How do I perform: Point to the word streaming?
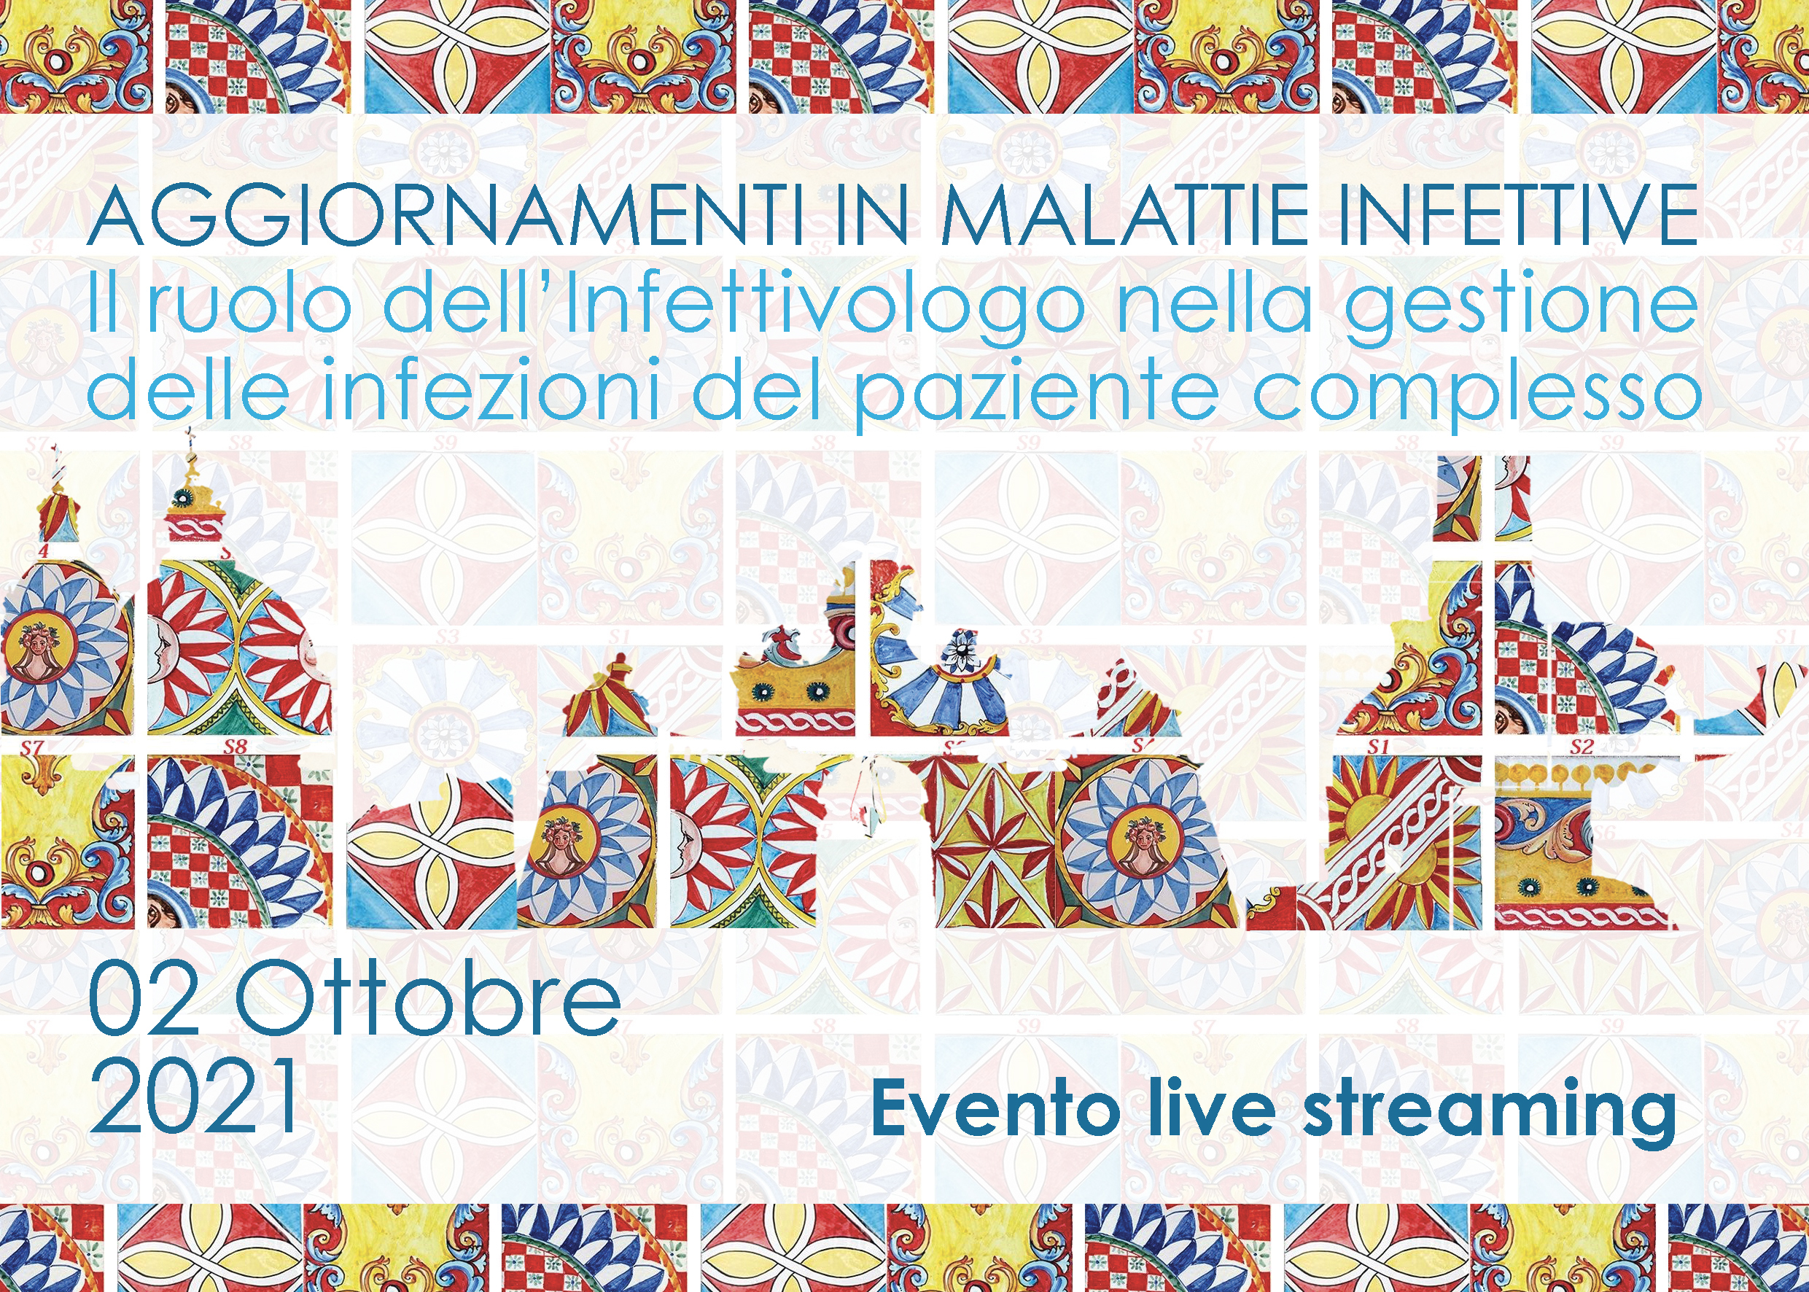coord(1488,1114)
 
